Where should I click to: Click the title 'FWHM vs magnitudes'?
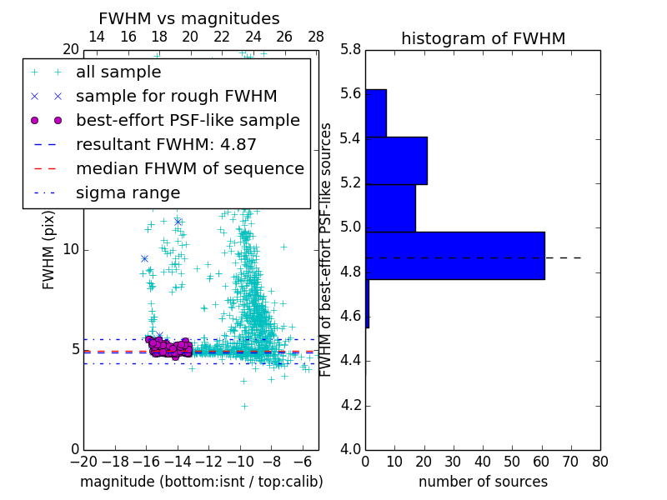[x=189, y=18]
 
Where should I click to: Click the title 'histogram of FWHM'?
[x=483, y=38]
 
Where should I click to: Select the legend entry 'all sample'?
[x=118, y=72]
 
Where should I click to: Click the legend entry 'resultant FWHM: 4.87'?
[x=166, y=145]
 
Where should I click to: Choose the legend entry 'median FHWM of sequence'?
[x=189, y=169]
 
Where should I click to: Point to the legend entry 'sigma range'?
[x=128, y=193]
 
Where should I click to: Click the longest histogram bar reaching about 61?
[x=454, y=256]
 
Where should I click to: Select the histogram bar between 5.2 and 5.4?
[x=396, y=161]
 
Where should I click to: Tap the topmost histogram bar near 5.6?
[x=375, y=112]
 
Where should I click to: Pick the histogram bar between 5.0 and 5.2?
[x=390, y=208]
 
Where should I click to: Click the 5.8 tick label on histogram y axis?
[x=350, y=49]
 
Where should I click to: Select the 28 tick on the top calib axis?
[x=316, y=37]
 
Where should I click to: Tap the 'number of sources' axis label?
[x=483, y=482]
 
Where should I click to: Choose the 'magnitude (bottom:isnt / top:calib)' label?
[x=201, y=482]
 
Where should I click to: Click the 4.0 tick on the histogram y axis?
[x=350, y=450]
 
